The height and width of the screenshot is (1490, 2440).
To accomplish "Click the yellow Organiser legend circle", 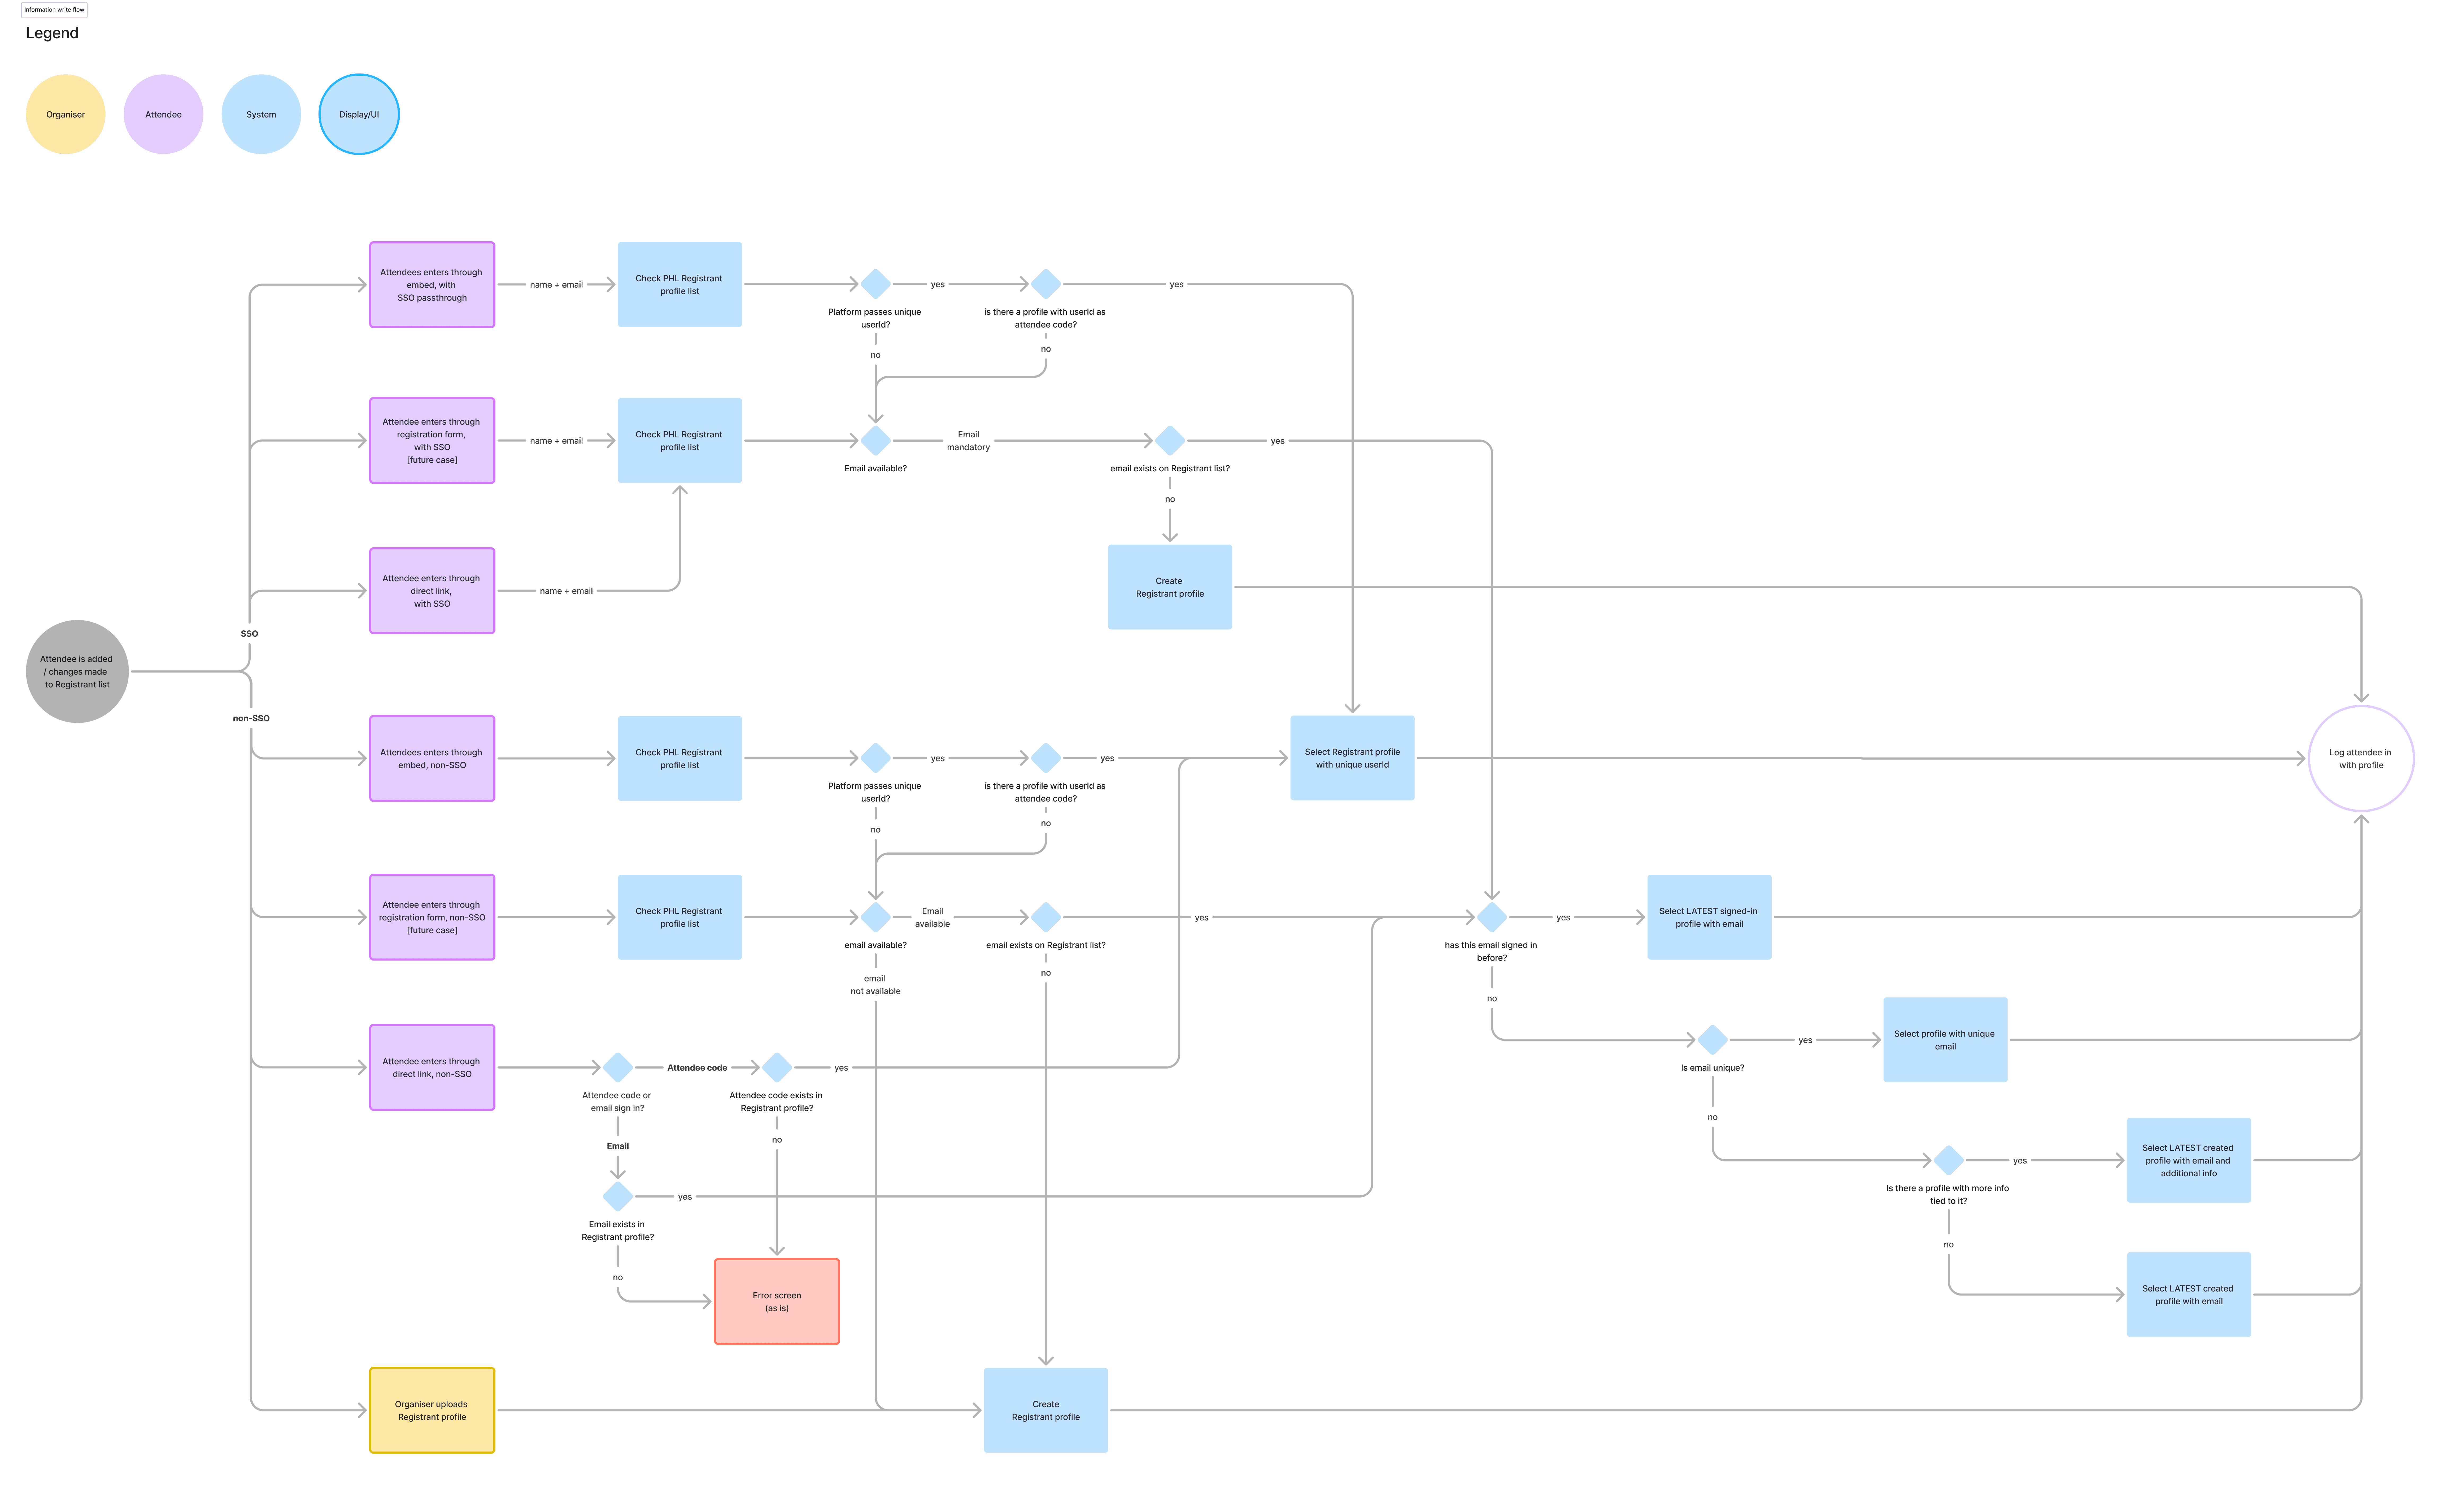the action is click(65, 114).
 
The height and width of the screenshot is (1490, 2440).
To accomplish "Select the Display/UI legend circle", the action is click(359, 114).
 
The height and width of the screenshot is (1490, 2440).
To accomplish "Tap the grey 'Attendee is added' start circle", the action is click(77, 672).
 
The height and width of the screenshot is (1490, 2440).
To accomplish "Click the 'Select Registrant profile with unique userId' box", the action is click(1352, 758).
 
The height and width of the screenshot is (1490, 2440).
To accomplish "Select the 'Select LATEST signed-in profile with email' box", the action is click(1709, 917).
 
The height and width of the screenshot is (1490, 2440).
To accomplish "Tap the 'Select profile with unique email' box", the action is click(1945, 1040).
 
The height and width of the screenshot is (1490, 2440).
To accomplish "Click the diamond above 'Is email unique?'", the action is click(1712, 1040).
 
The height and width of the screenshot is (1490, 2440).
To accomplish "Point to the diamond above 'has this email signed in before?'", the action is click(1491, 917).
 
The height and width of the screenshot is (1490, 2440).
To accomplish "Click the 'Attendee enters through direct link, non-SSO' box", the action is click(432, 1068).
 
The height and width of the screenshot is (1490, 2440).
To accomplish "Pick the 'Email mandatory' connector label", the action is click(969, 441).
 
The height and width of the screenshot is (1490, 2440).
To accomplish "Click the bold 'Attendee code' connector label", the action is click(697, 1068).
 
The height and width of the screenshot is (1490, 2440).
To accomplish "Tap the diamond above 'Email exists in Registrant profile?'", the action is click(618, 1197).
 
